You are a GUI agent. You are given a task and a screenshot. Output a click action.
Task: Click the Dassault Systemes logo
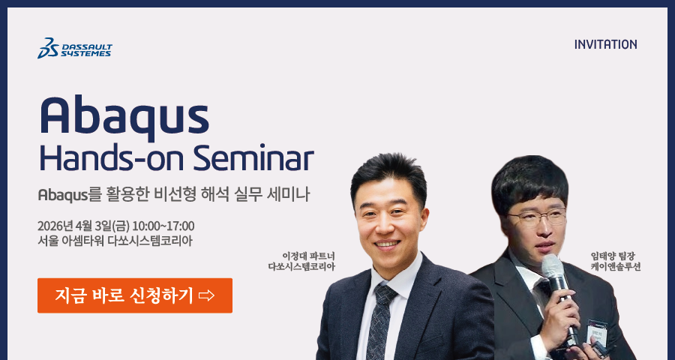pos(75,48)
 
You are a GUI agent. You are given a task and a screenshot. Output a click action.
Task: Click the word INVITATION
pos(606,44)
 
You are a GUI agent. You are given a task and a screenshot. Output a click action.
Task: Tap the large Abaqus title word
pos(124,115)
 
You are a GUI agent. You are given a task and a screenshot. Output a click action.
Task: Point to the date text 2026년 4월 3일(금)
pos(83,226)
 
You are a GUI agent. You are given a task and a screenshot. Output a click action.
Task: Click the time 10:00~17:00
pos(163,226)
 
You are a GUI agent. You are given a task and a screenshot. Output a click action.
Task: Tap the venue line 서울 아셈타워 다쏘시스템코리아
pos(115,241)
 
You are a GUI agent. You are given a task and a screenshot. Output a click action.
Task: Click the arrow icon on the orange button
pos(207,295)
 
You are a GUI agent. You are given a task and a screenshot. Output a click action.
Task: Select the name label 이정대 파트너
pos(308,256)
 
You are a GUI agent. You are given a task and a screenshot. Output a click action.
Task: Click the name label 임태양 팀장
pos(616,256)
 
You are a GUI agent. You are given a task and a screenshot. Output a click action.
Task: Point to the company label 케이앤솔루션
pos(616,267)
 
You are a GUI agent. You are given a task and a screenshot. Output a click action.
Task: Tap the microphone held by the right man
pos(559,297)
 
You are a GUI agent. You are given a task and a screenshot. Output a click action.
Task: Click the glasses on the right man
pos(536,217)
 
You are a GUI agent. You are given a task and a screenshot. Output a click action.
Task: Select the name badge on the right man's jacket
pos(598,331)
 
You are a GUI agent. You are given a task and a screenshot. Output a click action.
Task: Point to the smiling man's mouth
pos(388,244)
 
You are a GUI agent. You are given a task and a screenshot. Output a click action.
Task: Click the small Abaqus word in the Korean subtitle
pos(63,196)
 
